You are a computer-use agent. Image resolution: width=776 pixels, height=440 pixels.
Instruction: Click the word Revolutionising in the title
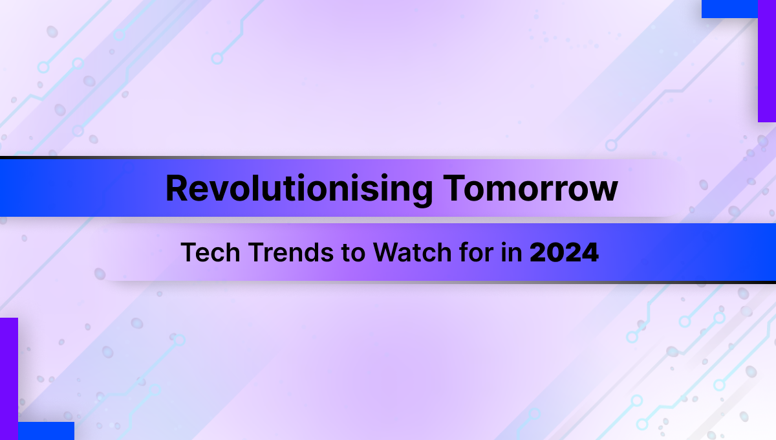(299, 188)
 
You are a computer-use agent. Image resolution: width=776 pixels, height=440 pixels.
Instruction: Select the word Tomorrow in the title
(530, 188)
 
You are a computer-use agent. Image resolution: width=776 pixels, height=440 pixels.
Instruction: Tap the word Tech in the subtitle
(210, 252)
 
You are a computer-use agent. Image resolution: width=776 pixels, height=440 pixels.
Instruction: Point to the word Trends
(290, 252)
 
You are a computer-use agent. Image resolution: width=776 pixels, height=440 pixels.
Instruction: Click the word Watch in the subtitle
(413, 252)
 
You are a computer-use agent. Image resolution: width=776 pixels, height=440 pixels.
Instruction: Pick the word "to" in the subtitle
(353, 253)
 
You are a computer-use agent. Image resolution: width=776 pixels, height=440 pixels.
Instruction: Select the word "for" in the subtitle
(477, 252)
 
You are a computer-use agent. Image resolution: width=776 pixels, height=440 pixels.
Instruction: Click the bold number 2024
(564, 252)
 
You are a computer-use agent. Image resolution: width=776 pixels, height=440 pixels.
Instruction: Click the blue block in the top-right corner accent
(729, 9)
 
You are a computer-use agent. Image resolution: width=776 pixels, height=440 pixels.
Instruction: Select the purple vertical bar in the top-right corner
(767, 61)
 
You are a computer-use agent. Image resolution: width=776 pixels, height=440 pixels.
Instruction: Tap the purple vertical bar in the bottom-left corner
(9, 379)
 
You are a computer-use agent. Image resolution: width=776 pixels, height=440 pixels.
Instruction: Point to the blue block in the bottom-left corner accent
(46, 431)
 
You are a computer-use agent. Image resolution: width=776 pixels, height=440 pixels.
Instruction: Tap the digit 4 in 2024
(590, 252)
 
